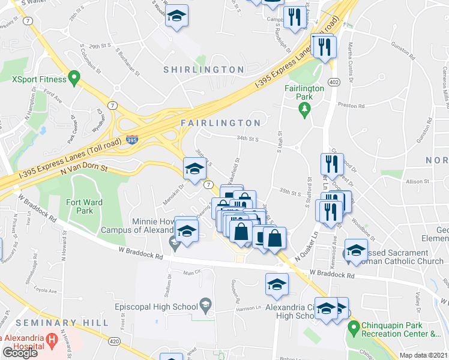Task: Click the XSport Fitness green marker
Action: click(74, 77)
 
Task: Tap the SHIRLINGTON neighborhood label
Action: click(204, 70)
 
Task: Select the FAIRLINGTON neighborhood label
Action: click(221, 123)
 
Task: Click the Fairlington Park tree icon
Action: click(304, 108)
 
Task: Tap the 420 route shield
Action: click(113, 340)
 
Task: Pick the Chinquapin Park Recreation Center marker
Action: click(352, 327)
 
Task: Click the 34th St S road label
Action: click(247, 139)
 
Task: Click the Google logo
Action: click(20, 353)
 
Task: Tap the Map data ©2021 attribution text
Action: click(424, 355)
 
